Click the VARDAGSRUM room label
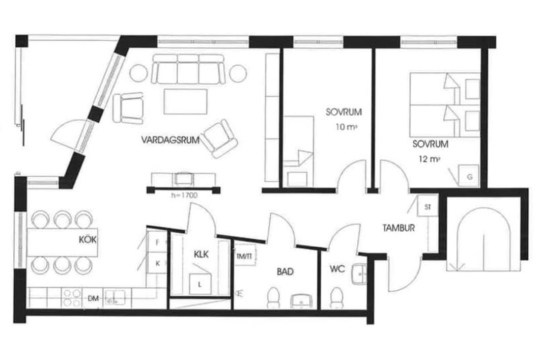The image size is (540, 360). point(170,140)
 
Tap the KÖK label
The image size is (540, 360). point(88,239)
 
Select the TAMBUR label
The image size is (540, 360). point(399,228)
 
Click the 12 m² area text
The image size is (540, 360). point(430,159)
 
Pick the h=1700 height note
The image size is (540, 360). point(184,196)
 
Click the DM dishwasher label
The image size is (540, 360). point(93,298)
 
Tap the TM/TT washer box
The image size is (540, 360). point(245,255)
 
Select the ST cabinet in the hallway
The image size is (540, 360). point(428,207)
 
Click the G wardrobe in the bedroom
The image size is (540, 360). point(469,176)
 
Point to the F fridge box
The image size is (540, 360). point(157,242)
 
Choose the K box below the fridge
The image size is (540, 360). point(157,263)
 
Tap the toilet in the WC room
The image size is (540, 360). point(336,298)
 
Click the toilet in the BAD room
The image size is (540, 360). point(274,298)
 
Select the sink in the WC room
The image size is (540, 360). point(359,274)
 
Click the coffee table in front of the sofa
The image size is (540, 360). point(186,102)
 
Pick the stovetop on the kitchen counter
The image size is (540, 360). point(72,298)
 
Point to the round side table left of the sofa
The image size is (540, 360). point(138,73)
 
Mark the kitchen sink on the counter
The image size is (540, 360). point(115,298)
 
